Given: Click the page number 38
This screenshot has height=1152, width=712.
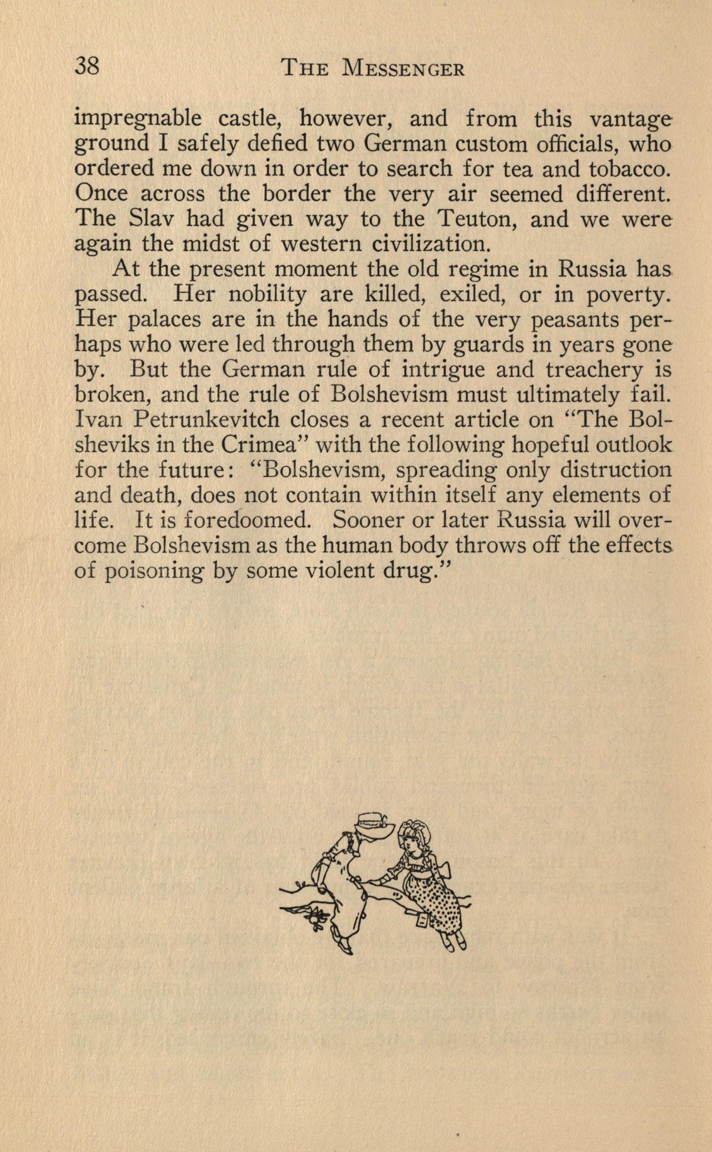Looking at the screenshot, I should pos(88,66).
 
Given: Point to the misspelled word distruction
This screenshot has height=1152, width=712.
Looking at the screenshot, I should pos(616,470).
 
